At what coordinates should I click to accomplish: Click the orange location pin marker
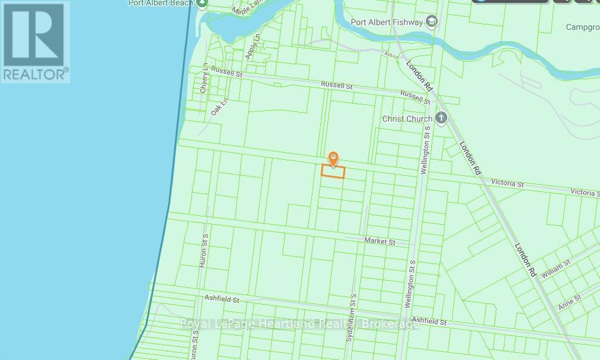coord(333,159)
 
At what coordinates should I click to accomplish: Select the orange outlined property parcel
coord(333,172)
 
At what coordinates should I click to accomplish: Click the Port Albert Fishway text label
coord(387,23)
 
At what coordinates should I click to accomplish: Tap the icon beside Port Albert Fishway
coord(432,22)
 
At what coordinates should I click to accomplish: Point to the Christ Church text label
coord(407,118)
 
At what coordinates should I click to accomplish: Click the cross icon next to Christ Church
coord(441,117)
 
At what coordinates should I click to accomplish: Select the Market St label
coord(380,241)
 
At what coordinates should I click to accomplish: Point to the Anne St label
coord(569,303)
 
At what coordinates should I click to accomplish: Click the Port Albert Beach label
coord(160,3)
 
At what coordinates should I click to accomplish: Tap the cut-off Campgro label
coord(583,27)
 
